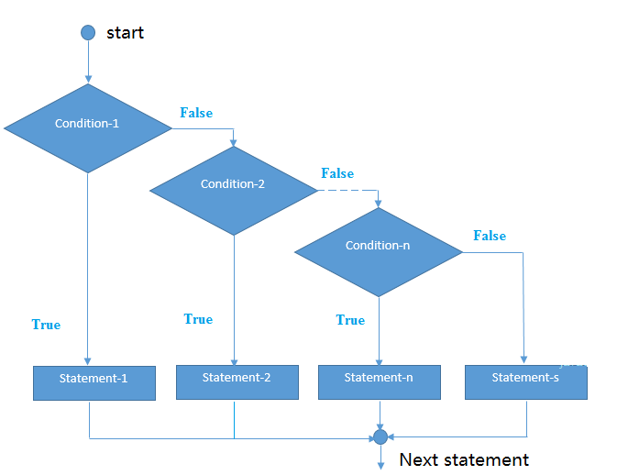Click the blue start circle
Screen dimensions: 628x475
point(88,32)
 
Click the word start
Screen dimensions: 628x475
point(125,33)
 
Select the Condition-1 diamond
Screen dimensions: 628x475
point(88,128)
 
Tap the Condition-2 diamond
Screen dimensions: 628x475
point(234,191)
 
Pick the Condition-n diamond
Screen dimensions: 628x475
point(379,252)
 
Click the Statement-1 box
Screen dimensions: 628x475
point(94,383)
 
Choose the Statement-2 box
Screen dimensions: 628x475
point(237,382)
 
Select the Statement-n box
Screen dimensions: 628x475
point(380,382)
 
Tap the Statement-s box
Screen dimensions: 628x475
point(526,382)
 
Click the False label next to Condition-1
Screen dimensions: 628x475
point(196,113)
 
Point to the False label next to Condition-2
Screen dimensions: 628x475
point(337,173)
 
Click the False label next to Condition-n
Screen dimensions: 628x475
point(490,236)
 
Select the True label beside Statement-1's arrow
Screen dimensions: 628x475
point(46,325)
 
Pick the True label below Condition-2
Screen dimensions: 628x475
point(198,319)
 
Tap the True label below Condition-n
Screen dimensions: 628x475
point(350,320)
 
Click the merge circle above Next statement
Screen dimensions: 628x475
point(380,437)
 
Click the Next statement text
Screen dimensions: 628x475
point(464,459)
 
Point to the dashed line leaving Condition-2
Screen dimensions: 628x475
point(347,190)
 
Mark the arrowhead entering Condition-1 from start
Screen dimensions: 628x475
point(88,79)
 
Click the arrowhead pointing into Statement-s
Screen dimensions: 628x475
point(523,359)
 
